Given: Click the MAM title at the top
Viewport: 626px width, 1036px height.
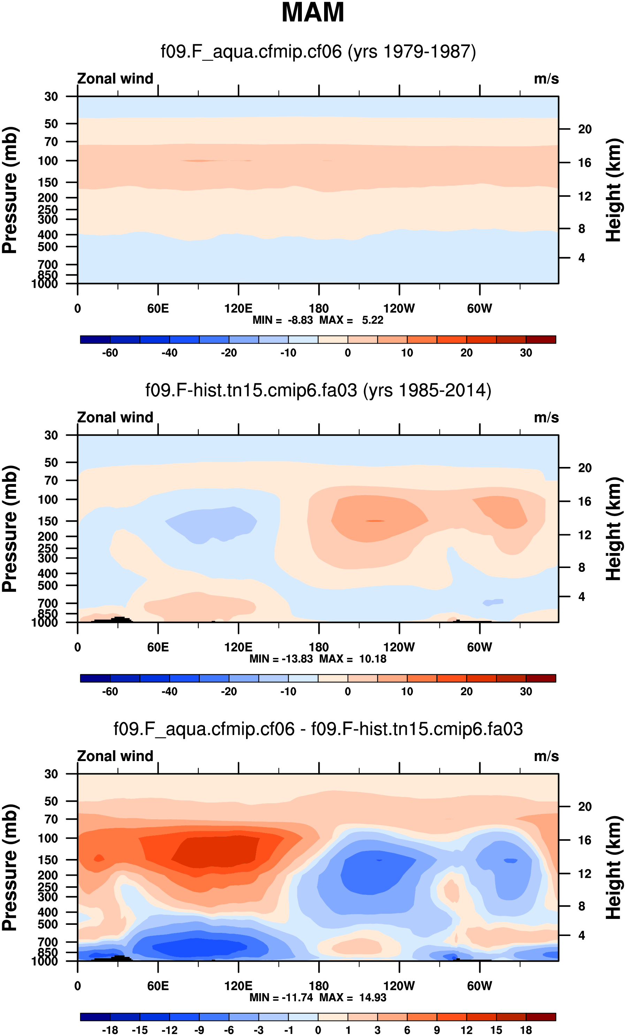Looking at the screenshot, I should pyautogui.click(x=313, y=13).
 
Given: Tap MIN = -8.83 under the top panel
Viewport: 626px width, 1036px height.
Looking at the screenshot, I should pyautogui.click(x=283, y=320).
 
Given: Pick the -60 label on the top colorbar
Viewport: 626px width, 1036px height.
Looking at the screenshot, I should pyautogui.click(x=110, y=353).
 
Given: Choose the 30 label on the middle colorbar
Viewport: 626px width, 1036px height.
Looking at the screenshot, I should pyautogui.click(x=526, y=691).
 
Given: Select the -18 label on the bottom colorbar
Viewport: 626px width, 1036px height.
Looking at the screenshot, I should pyautogui.click(x=110, y=1030).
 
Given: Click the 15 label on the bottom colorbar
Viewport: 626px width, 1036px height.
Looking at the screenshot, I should pyautogui.click(x=496, y=1030).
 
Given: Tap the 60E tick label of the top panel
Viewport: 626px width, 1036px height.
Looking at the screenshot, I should pyautogui.click(x=158, y=309).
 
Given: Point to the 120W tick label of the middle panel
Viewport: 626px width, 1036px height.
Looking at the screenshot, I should pyautogui.click(x=399, y=647).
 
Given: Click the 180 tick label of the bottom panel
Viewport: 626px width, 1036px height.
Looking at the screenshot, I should pyautogui.click(x=319, y=985).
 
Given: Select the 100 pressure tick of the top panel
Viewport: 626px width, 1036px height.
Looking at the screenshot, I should pyautogui.click(x=48, y=161).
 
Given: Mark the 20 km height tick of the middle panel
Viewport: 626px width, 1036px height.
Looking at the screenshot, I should pyautogui.click(x=585, y=468).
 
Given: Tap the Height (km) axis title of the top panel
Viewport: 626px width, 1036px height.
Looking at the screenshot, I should pyautogui.click(x=613, y=190).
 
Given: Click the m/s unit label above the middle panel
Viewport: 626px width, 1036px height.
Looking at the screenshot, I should pyautogui.click(x=546, y=417).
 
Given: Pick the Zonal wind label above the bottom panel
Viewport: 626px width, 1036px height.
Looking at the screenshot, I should pyautogui.click(x=115, y=756).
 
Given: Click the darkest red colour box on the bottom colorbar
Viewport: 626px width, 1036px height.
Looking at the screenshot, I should pyautogui.click(x=541, y=1016).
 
